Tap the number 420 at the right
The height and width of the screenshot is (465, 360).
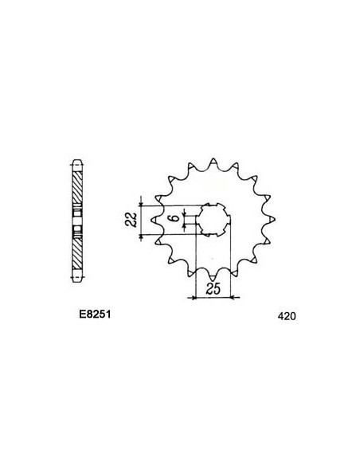point(286,315)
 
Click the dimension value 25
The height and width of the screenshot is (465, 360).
point(212,290)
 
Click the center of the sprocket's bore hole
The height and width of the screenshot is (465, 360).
point(212,217)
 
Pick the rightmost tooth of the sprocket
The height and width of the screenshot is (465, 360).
point(272,217)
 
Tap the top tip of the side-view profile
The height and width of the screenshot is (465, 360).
point(76,157)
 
